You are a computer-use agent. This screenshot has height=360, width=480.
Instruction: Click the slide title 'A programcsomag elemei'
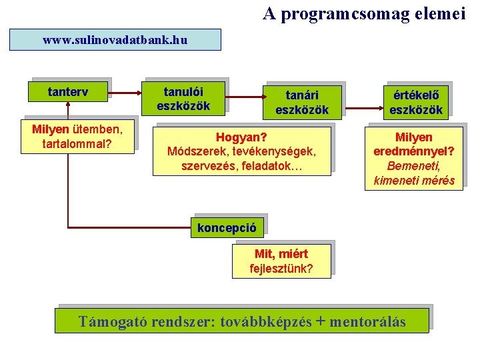(364, 13)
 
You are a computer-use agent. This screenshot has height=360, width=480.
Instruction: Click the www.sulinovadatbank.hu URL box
(115, 40)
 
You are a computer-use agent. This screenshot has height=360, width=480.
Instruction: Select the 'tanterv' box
(69, 91)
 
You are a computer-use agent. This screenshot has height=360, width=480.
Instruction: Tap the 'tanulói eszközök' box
(183, 98)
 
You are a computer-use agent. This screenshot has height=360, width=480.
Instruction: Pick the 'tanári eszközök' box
(302, 103)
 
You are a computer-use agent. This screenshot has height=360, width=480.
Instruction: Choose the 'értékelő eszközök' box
(416, 103)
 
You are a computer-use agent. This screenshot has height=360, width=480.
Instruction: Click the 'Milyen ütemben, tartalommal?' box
(78, 135)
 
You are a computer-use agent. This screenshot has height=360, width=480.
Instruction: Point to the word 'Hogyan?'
(241, 137)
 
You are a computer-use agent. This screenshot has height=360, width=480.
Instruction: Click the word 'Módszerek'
(193, 151)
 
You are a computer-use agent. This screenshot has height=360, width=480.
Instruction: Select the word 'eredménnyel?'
(413, 151)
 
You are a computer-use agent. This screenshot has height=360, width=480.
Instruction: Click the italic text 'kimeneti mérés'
(414, 180)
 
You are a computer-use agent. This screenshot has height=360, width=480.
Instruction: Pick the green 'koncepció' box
(227, 227)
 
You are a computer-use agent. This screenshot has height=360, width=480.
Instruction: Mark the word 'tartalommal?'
(78, 143)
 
